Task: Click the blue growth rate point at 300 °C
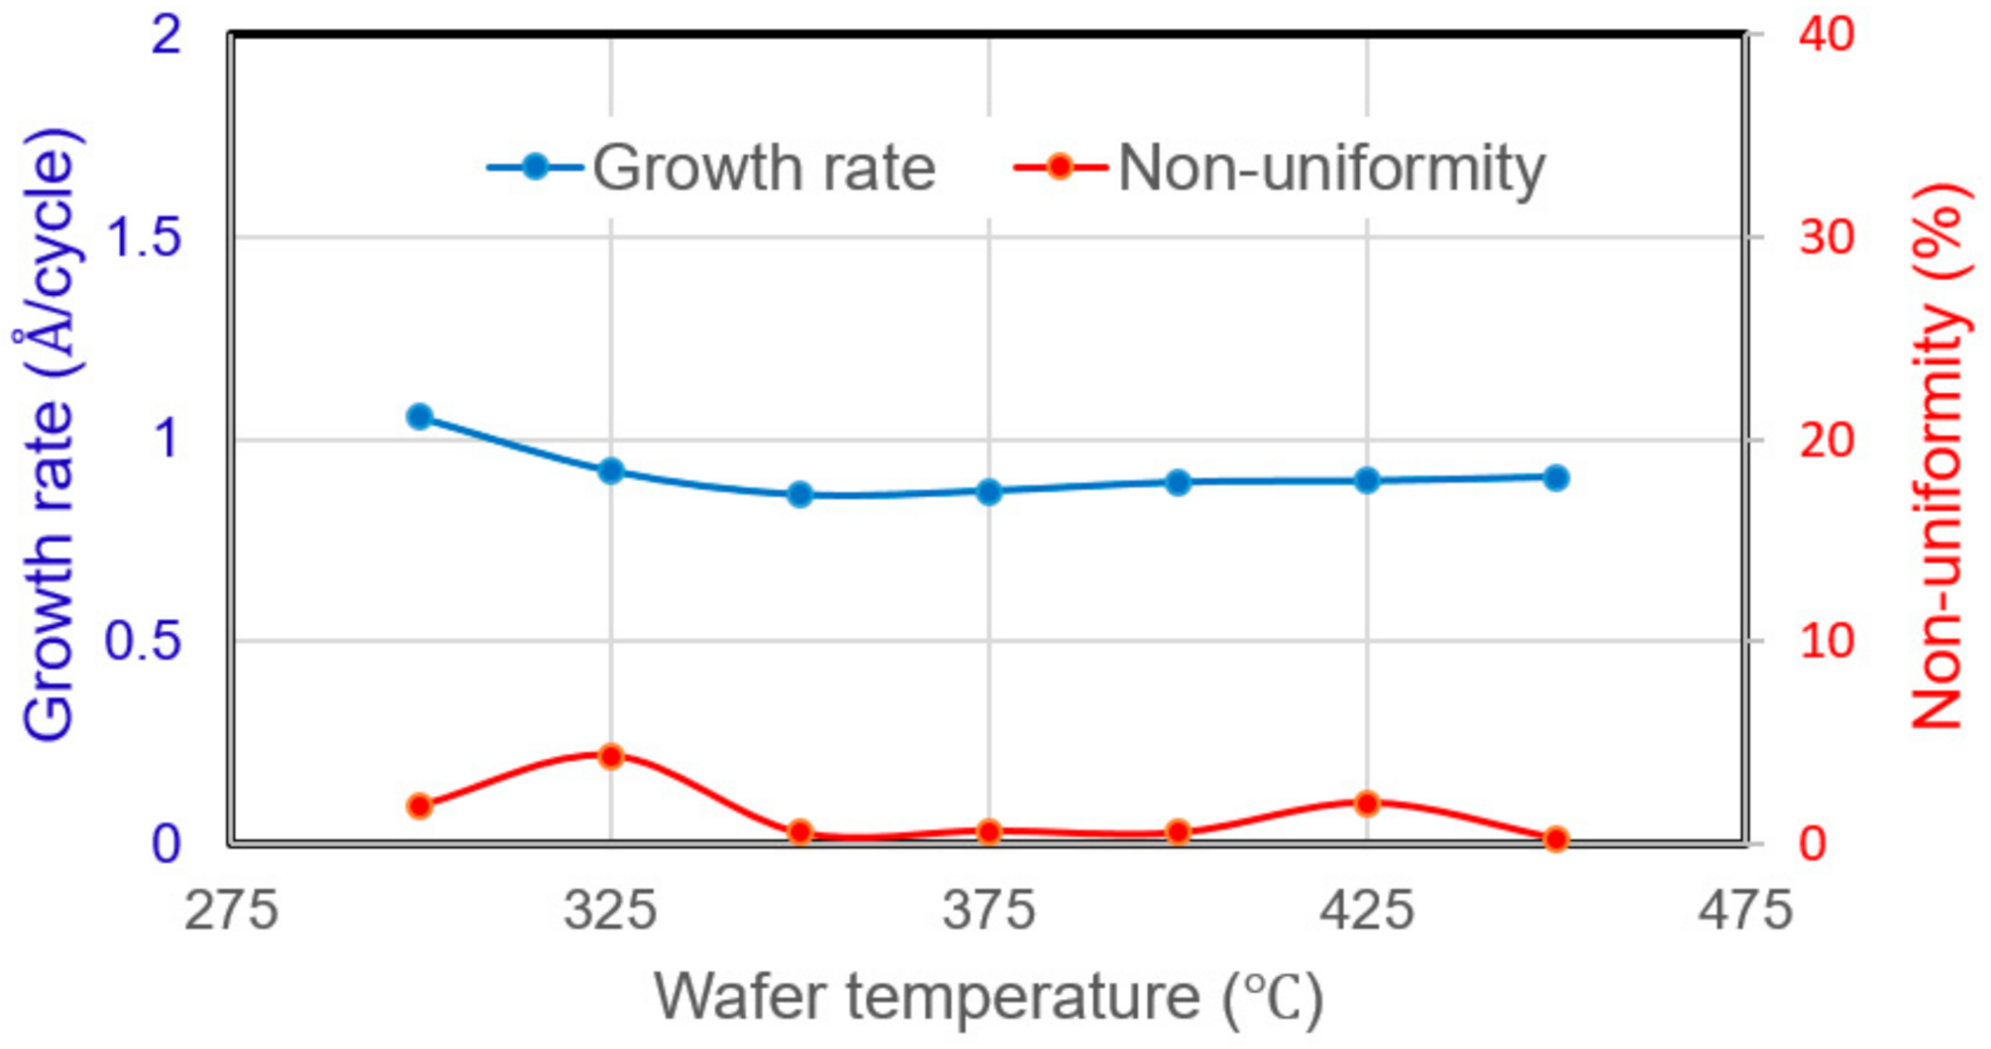pyautogui.click(x=420, y=416)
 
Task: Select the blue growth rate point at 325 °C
pyautogui.click(x=610, y=471)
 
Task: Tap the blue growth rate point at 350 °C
pyautogui.click(x=800, y=494)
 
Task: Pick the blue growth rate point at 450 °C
pyautogui.click(x=1556, y=478)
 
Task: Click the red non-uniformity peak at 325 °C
pyautogui.click(x=610, y=757)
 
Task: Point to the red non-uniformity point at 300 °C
pyautogui.click(x=420, y=805)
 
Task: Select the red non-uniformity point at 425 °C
pyautogui.click(x=1367, y=802)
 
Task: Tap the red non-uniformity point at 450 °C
pyautogui.click(x=1556, y=839)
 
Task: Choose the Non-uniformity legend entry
pyautogui.click(x=1280, y=167)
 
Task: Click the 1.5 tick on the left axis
pyautogui.click(x=144, y=238)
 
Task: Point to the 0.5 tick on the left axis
pyautogui.click(x=144, y=642)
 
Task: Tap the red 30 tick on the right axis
pyautogui.click(x=1826, y=238)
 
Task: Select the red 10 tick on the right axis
pyautogui.click(x=1826, y=642)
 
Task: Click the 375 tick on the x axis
pyautogui.click(x=989, y=909)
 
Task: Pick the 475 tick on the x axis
pyautogui.click(x=1745, y=909)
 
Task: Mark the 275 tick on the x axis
pyautogui.click(x=232, y=909)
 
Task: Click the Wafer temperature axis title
pyautogui.click(x=989, y=997)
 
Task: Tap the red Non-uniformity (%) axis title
pyautogui.click(x=1938, y=456)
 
